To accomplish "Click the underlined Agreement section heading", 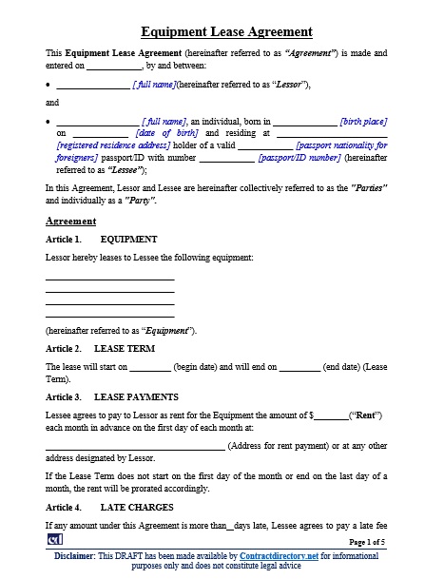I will coord(70,221).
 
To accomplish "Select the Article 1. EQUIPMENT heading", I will coord(102,240).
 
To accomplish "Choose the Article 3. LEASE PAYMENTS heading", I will coord(111,396).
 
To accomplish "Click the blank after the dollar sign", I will coord(331,415).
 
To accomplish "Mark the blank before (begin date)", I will coord(149,367).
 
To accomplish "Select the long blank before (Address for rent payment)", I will coord(135,446).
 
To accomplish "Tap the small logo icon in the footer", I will coord(54,540).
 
